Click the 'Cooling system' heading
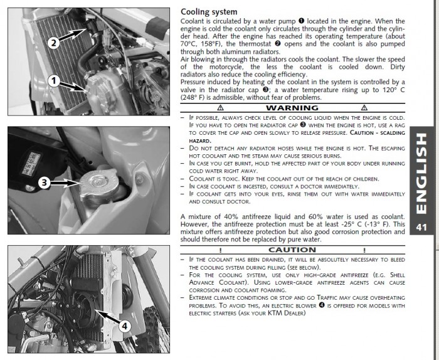coord(209,11)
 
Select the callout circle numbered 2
coord(53,42)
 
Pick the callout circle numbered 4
coord(124,326)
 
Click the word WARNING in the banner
coord(292,108)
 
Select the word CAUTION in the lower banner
coord(292,250)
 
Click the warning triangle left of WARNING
coord(220,108)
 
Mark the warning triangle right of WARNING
coord(364,108)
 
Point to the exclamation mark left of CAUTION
coord(221,250)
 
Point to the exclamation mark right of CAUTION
coord(363,250)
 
